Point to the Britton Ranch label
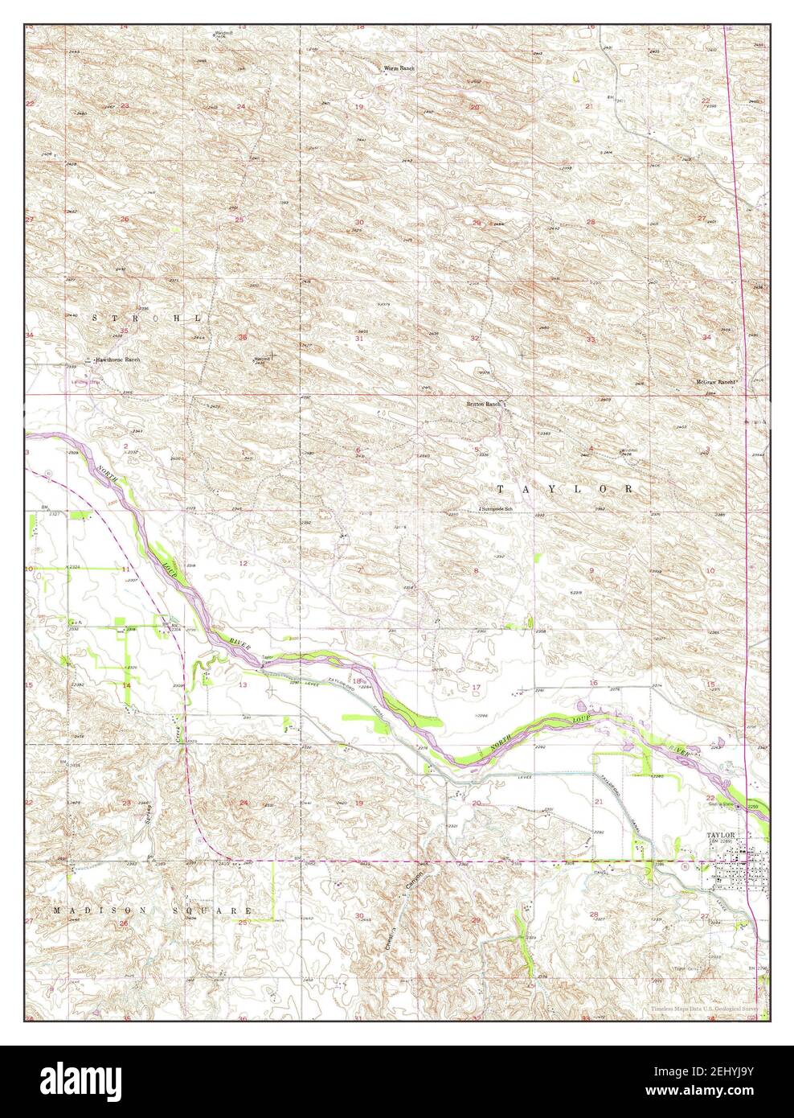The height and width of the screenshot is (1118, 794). pos(485,404)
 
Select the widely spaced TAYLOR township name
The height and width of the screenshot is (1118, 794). pos(564,488)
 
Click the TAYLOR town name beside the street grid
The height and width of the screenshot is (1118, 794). pos(721,835)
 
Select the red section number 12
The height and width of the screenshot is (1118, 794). pos(244,563)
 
